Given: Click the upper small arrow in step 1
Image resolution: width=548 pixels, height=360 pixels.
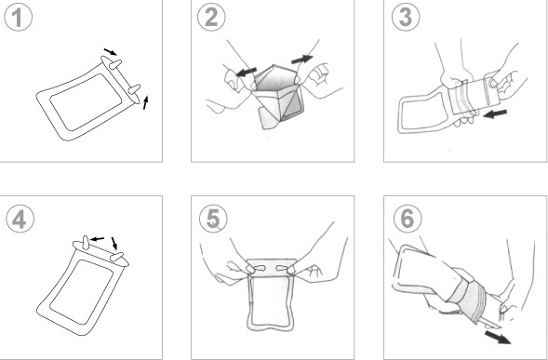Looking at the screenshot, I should [111, 52].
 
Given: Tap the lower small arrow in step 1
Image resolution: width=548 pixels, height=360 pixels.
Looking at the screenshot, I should [144, 101].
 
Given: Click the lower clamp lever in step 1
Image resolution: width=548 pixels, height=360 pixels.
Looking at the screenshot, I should [135, 90].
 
